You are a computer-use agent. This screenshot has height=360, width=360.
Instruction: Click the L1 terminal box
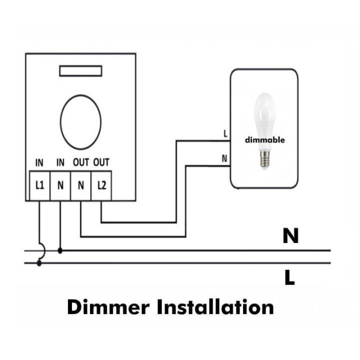[x=39, y=185]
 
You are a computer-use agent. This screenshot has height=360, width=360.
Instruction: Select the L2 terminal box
[x=101, y=185]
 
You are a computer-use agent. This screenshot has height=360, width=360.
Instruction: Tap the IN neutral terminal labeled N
[x=60, y=185]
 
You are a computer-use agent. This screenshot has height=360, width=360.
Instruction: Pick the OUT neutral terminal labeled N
[x=81, y=185]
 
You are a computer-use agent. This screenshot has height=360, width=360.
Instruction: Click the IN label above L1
[x=39, y=162]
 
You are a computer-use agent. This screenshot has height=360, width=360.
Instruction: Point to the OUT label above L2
[x=101, y=162]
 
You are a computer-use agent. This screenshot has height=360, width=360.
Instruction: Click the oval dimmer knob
[x=80, y=121]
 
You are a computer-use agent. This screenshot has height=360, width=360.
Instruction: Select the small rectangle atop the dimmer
[x=80, y=71]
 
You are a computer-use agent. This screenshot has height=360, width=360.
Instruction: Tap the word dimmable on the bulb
[x=264, y=139]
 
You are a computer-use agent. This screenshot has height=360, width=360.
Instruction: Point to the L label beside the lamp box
[x=225, y=134]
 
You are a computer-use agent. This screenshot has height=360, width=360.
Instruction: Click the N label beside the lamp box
[x=225, y=158]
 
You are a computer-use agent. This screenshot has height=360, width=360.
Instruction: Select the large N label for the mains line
[x=290, y=235]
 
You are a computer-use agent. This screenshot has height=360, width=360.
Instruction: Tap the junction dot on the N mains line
[x=60, y=250]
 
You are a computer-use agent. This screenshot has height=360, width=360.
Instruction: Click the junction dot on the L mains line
[x=39, y=263]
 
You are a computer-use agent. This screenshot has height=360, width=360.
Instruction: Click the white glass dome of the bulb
[x=264, y=112]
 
